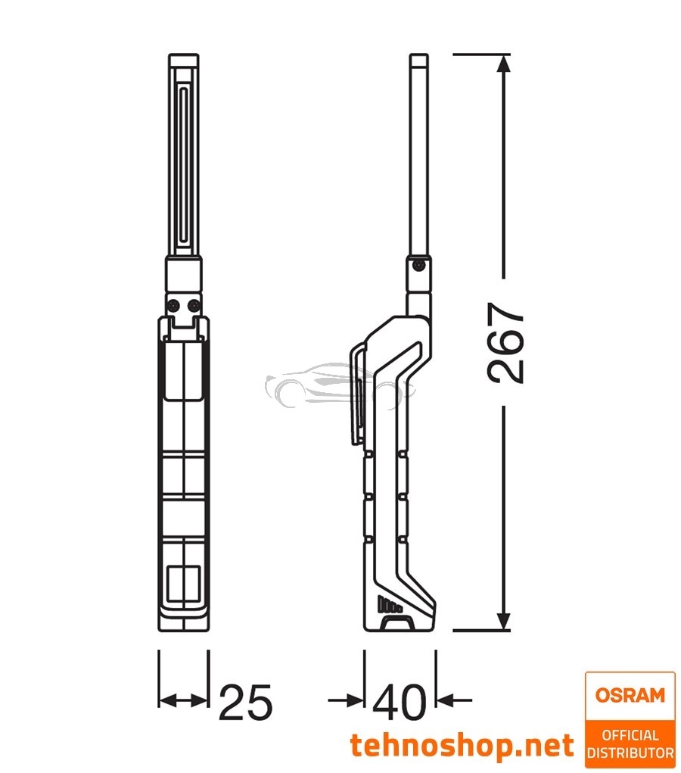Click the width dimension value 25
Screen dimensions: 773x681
click(x=244, y=703)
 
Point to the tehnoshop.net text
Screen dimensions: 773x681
click(x=462, y=746)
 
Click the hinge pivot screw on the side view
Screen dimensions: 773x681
click(x=418, y=264)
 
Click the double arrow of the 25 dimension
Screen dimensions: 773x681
click(x=183, y=701)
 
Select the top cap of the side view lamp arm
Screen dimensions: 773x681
click(x=419, y=61)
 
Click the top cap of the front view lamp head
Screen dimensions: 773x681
click(x=184, y=61)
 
